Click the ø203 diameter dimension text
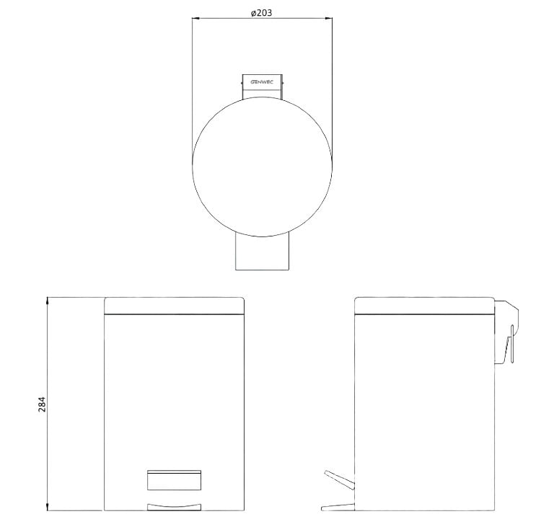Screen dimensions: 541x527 [262, 13]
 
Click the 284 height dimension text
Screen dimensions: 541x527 [42, 404]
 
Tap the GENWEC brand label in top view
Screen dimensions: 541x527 [262, 82]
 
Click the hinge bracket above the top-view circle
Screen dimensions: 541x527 [263, 87]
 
